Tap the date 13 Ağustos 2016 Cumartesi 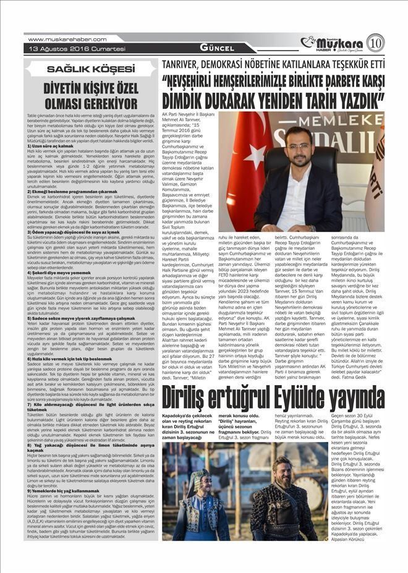[x=60, y=48]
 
